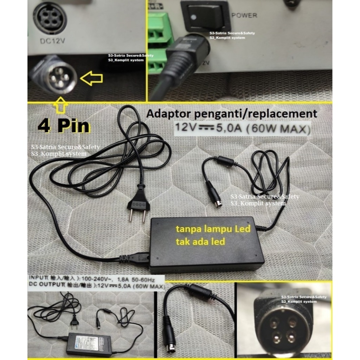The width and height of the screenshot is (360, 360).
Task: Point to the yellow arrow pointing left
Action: (91, 79)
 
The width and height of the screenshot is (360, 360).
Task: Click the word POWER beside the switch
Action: (244, 15)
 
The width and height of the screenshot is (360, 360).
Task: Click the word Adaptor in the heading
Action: (168, 114)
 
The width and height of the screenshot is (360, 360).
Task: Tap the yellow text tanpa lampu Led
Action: (213, 230)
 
